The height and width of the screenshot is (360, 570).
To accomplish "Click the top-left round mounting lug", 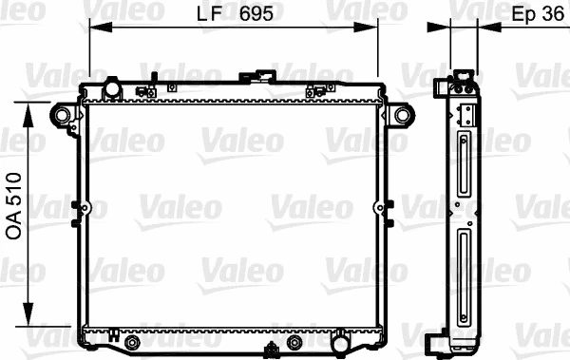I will (x=64, y=116).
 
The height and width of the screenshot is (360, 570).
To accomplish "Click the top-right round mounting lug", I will (x=403, y=116).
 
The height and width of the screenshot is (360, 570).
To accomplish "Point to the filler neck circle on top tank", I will (x=112, y=89).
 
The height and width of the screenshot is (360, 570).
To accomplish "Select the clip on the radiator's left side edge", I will (x=76, y=208).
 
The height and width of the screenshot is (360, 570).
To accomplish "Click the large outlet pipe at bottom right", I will (x=339, y=339).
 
